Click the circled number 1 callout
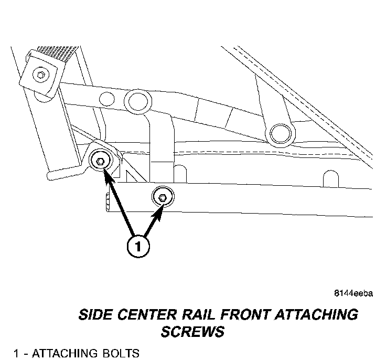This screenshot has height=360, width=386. tap(137, 246)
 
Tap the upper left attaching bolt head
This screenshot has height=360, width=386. tap(99, 161)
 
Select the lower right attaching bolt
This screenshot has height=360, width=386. tap(162, 197)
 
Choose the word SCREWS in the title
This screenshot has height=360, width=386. tap(192, 332)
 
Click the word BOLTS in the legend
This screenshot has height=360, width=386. tap(122, 353)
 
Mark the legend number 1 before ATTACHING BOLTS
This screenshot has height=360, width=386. tap(16, 353)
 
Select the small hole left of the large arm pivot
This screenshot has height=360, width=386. tap(106, 98)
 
